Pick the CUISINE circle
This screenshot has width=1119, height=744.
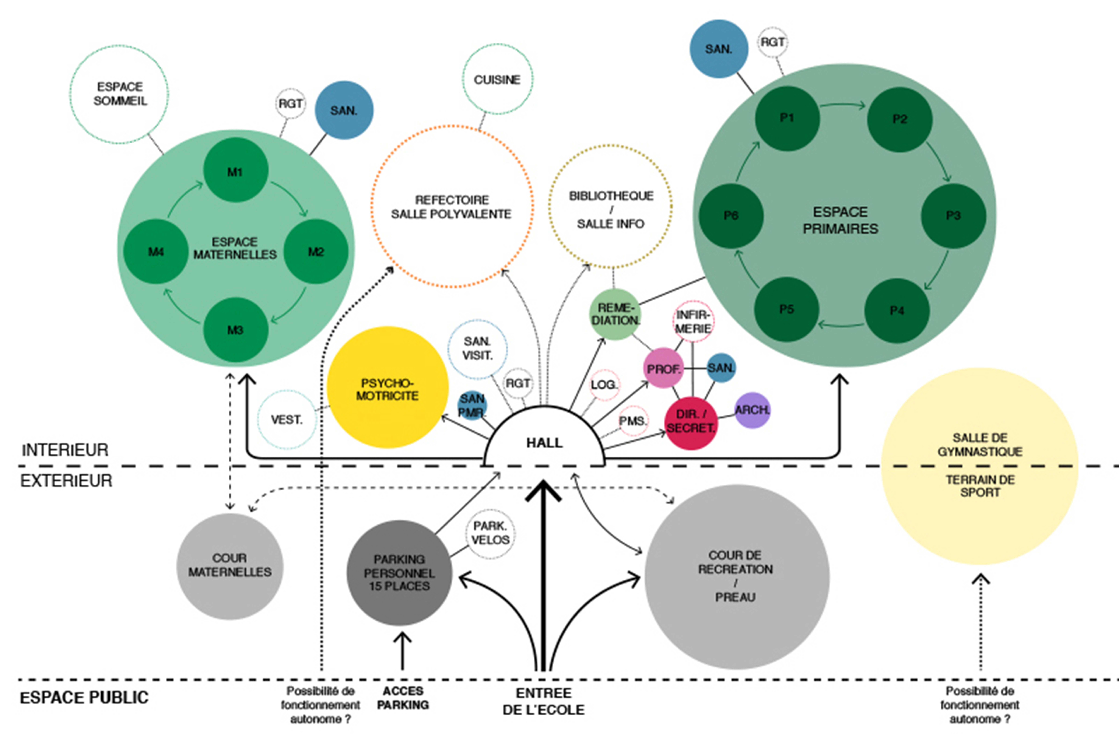(497, 79)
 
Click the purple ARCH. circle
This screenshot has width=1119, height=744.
(752, 410)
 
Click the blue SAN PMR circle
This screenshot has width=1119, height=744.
(472, 406)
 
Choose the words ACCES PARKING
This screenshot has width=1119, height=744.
(403, 698)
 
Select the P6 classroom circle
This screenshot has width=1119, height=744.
(731, 216)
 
